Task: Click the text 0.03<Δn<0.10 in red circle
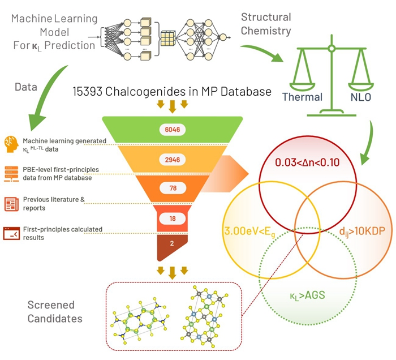pos(307,162)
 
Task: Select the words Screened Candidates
pos(55,312)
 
